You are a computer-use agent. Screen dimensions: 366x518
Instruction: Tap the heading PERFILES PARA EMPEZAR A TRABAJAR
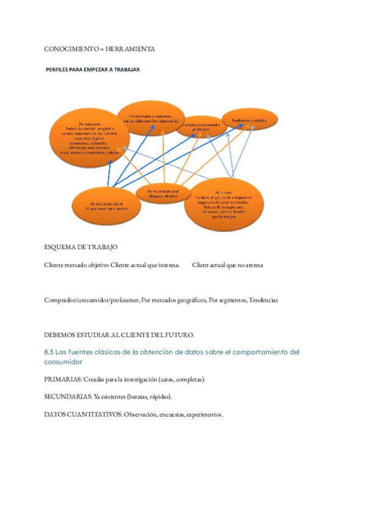93,70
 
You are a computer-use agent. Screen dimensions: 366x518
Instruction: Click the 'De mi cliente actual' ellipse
107,206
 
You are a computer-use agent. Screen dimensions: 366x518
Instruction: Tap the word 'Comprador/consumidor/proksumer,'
92,301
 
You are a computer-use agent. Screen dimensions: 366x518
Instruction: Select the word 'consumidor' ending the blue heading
64,362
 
